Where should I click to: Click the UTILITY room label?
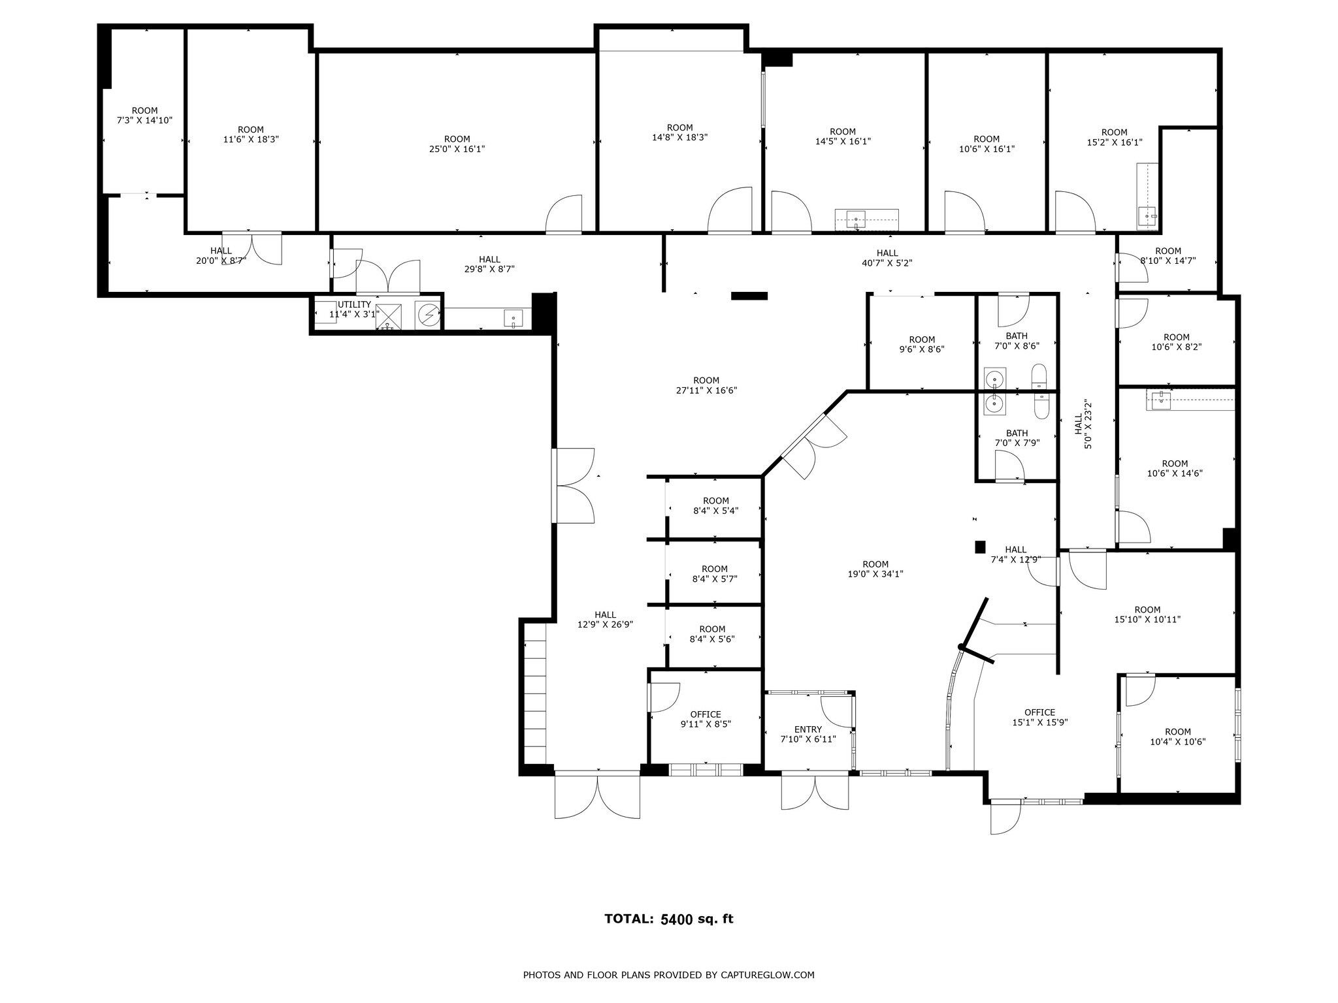click(x=354, y=309)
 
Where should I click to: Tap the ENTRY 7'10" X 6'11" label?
click(x=808, y=734)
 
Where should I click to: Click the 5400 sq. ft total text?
click(x=697, y=919)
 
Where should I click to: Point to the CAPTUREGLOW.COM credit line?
click(x=668, y=975)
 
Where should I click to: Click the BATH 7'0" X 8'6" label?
click(x=1017, y=341)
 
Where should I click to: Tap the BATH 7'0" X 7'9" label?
click(x=1017, y=438)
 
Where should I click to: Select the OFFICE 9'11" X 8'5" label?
click(x=706, y=719)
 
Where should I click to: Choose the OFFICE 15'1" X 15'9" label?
click(x=1039, y=717)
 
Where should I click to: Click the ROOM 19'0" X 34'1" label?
click(x=875, y=569)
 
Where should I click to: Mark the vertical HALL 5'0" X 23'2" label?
click(x=1083, y=424)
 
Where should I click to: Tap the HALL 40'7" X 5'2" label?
click(x=887, y=258)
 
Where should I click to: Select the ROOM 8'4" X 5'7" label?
click(x=714, y=573)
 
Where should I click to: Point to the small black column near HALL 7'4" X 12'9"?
click(x=979, y=547)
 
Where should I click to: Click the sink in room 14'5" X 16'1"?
click(x=855, y=217)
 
